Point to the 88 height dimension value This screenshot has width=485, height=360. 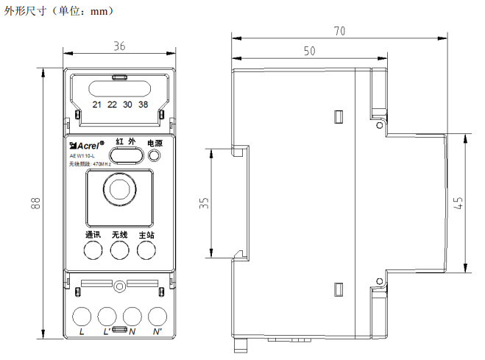pyautogui.click(x=35, y=202)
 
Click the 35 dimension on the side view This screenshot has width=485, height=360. pyautogui.click(x=204, y=202)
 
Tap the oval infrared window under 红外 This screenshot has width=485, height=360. pyautogui.click(x=127, y=155)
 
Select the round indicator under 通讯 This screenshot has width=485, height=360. pyautogui.click(x=93, y=250)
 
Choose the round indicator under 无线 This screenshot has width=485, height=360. pyautogui.click(x=120, y=250)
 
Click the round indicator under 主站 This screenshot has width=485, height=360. pyautogui.click(x=146, y=250)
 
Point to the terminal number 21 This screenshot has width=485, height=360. pyautogui.click(x=96, y=105)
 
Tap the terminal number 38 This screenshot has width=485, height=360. pyautogui.click(x=144, y=105)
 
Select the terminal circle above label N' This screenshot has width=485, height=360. pyautogui.click(x=157, y=317)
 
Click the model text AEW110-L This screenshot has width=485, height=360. pyautogui.click(x=82, y=155)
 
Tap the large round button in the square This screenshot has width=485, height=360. pyautogui.click(x=119, y=189)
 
